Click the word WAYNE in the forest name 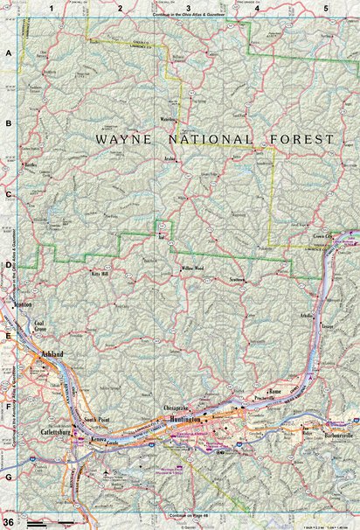[120, 139]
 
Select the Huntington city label [183, 422]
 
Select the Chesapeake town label [177, 408]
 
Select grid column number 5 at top [325, 8]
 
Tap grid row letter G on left [8, 478]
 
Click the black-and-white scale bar [52, 522]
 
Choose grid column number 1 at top [52, 8]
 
